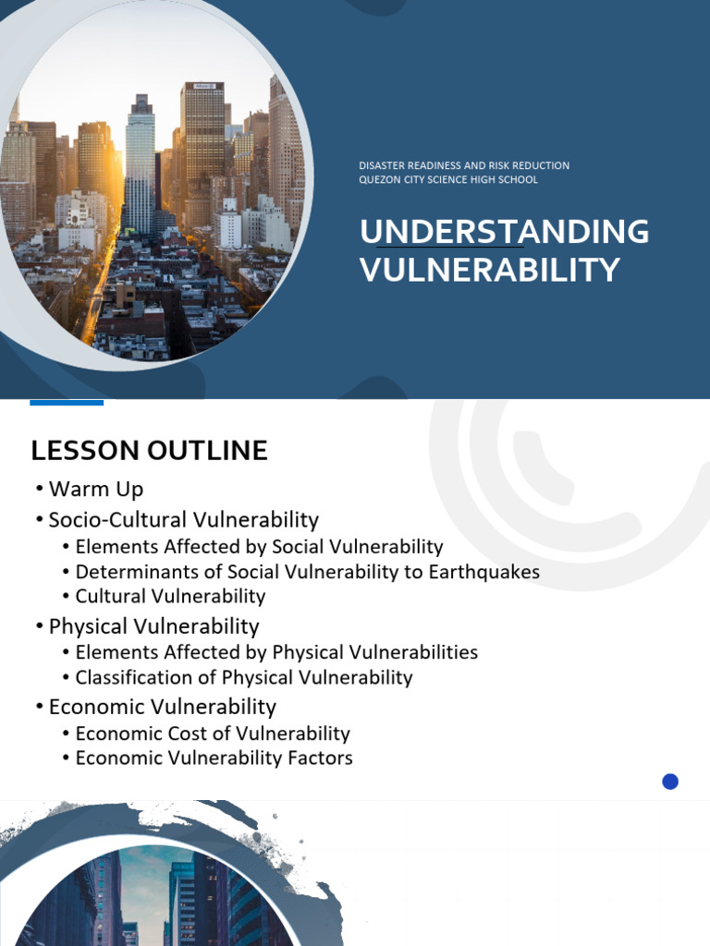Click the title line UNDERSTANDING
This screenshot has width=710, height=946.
coord(504,232)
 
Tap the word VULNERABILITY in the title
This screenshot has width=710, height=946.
coord(489,270)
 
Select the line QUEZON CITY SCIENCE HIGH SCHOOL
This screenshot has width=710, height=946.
coord(448,179)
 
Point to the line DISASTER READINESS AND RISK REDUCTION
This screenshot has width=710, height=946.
coord(464,165)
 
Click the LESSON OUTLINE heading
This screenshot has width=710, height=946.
coord(149,451)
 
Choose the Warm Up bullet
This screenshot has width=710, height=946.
coord(96,489)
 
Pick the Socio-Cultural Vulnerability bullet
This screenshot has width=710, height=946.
coord(183,519)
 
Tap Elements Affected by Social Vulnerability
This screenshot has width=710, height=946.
coord(259,547)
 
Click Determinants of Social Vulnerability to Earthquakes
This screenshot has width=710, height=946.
coord(307,572)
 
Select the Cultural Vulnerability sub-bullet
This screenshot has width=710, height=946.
coord(170,597)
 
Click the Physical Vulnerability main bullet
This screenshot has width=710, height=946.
coord(153,626)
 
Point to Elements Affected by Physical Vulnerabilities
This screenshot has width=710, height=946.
coord(276,652)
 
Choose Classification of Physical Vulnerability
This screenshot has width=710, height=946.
coord(244,677)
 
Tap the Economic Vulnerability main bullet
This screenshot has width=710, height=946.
coord(162,707)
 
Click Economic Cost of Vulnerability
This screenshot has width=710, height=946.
coord(213,734)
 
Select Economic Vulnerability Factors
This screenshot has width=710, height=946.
coord(214,758)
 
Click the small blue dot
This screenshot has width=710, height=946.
coord(670,782)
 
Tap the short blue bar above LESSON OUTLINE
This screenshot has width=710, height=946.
coord(67,403)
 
